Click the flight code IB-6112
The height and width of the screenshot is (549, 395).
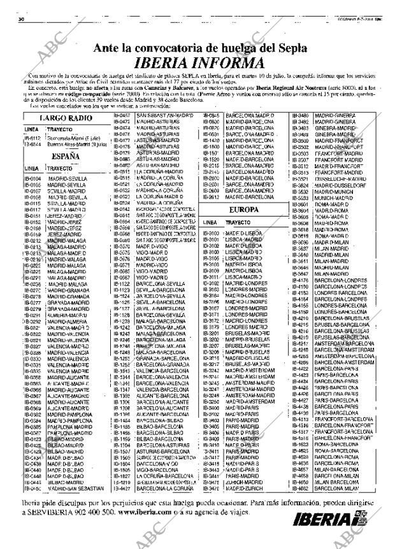[x=32, y=138]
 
